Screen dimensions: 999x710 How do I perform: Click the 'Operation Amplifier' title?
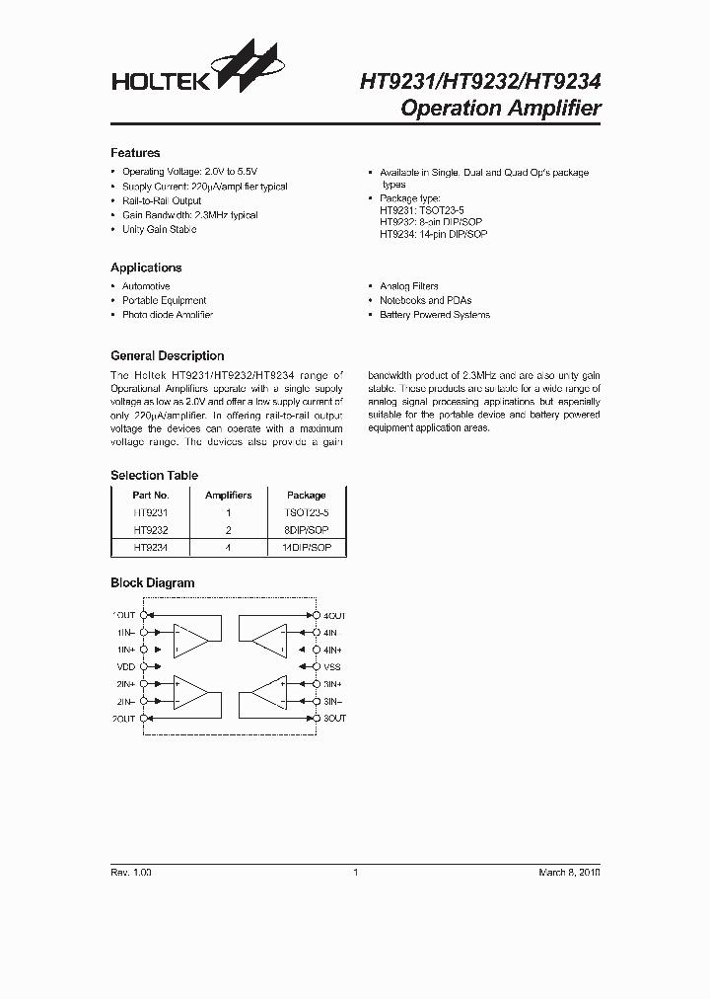coord(501,109)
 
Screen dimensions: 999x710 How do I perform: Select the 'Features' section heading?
coord(135,153)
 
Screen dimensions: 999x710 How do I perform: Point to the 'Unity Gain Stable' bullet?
coord(159,229)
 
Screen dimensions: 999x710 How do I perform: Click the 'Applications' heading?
coord(146,268)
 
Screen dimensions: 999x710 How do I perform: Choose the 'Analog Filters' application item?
coord(409,286)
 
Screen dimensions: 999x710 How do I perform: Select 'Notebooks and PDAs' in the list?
coord(426,300)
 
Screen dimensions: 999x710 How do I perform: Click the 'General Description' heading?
coord(167,355)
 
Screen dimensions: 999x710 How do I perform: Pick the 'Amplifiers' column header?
coord(228,495)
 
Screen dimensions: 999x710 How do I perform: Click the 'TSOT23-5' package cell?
coord(306,513)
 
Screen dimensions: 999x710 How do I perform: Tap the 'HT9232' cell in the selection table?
coord(151,530)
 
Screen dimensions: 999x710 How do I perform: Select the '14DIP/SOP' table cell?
coord(306,546)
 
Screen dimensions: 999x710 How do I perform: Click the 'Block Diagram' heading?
coord(152,583)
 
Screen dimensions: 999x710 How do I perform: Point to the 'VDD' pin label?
coord(126,666)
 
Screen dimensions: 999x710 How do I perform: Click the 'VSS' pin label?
coord(333,666)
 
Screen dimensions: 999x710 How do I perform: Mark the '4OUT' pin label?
coord(335,615)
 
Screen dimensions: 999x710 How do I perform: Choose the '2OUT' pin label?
coord(123,719)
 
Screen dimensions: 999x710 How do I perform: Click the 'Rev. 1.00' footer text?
coord(131,873)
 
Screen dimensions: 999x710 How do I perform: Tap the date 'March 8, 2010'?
coord(569,873)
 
